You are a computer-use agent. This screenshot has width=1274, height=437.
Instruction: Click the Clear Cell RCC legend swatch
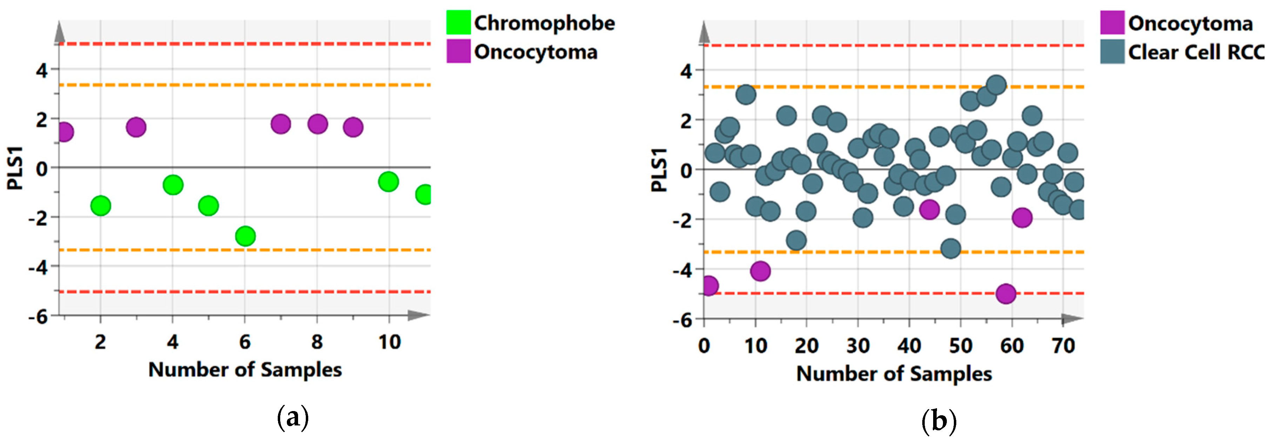(1112, 52)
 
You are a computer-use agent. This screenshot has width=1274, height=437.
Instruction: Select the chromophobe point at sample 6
(245, 236)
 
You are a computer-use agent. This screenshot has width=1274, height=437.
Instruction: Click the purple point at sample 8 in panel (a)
(317, 124)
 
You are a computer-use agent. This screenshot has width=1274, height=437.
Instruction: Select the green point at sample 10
(388, 182)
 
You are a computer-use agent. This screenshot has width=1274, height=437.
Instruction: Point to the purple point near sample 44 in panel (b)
(929, 209)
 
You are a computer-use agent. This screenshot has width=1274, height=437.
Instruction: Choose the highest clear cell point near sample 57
(997, 85)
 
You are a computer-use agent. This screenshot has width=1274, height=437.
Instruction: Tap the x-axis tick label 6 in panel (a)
(245, 342)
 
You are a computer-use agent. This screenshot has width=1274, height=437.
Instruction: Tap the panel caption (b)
(939, 421)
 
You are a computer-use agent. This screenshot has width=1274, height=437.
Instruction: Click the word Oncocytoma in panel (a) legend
(535, 52)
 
